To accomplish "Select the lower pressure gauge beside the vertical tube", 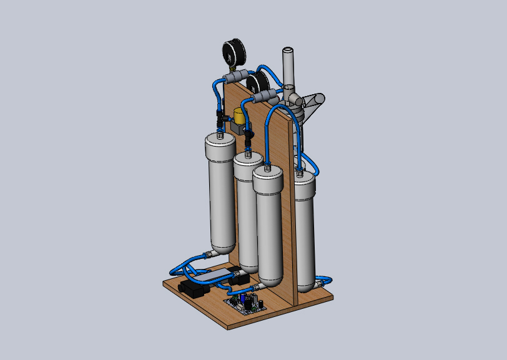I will point(257,82).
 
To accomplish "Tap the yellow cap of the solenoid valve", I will point(239,115).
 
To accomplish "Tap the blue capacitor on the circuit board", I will point(255,299).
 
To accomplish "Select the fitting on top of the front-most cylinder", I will point(267,167).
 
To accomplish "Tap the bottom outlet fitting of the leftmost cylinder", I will point(212,254).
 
